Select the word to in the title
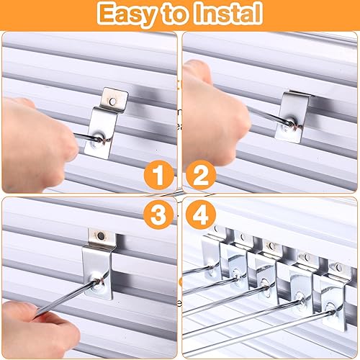pos(176,14)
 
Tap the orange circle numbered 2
pos(201,175)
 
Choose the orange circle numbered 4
pos(201,215)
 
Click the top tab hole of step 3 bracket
pos(102,235)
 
